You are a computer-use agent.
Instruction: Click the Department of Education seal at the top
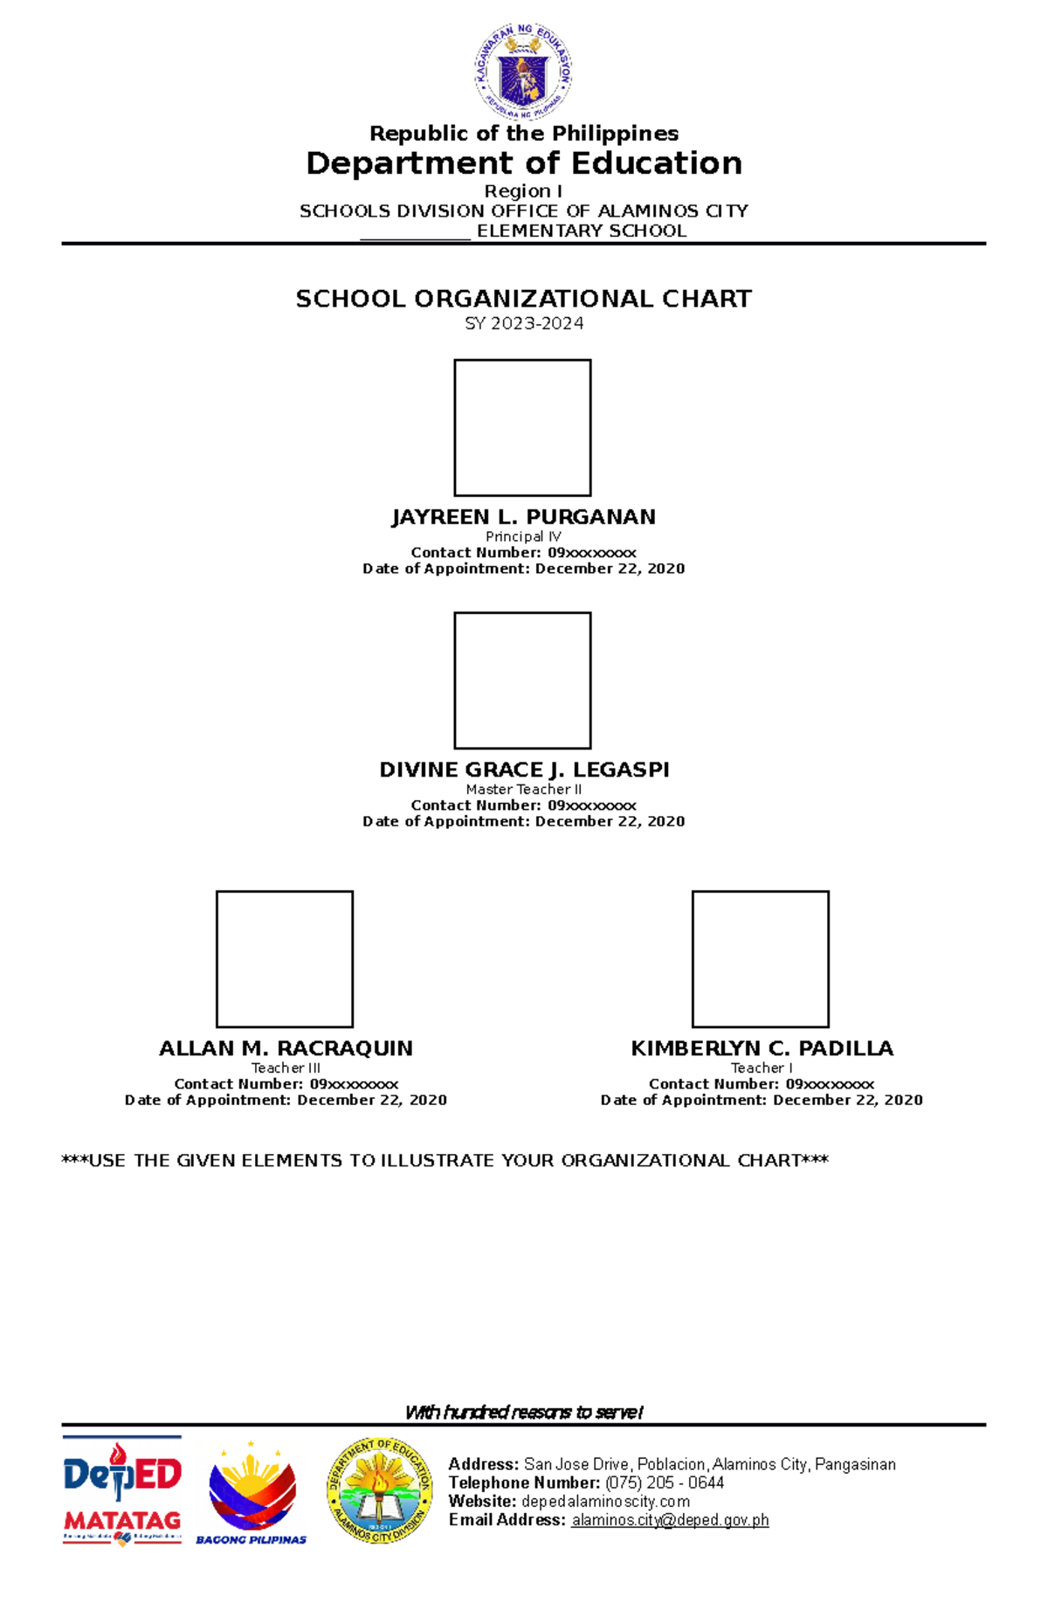click(523, 72)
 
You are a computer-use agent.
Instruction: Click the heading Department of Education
click(524, 163)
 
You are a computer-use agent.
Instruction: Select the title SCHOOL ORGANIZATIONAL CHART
click(524, 299)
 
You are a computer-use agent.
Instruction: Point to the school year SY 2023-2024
click(524, 323)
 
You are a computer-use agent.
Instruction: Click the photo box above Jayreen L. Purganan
click(522, 428)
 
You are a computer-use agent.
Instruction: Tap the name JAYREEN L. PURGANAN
click(524, 517)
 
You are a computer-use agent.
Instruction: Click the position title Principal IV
click(523, 536)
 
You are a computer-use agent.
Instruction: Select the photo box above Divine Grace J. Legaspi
click(522, 681)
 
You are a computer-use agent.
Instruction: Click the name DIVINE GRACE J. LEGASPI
click(524, 770)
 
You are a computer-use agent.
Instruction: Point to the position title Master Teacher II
click(523, 790)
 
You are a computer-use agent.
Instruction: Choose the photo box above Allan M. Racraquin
click(285, 959)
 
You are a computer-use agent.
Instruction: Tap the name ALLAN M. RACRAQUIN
click(286, 1048)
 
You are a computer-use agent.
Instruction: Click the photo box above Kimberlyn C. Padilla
click(761, 959)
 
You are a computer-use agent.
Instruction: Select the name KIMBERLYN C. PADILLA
click(762, 1048)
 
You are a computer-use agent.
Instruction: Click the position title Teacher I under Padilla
click(762, 1068)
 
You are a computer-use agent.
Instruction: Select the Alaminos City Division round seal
click(380, 1489)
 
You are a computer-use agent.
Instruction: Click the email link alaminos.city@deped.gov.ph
click(670, 1520)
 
